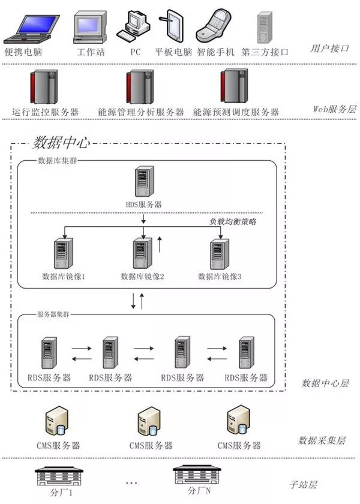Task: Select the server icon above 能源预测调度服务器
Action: point(235,88)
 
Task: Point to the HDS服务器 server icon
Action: point(143,182)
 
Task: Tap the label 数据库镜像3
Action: point(220,277)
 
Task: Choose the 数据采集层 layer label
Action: point(322,440)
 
